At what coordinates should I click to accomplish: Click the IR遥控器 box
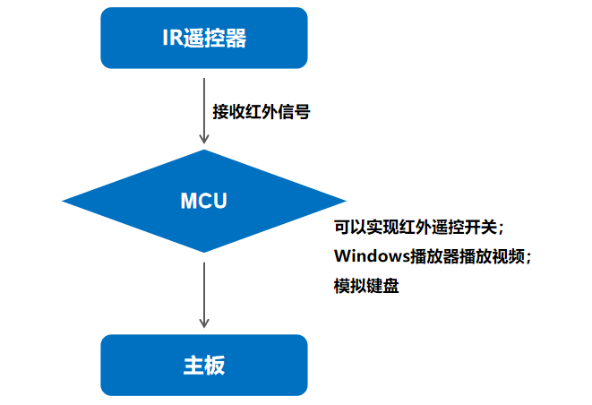tap(204, 38)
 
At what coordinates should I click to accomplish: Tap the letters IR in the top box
tap(173, 38)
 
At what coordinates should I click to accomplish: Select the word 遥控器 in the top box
tap(215, 39)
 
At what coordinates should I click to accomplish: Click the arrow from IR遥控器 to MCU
tap(204, 111)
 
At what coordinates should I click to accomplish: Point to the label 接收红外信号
tap(262, 112)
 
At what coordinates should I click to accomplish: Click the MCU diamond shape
tap(204, 201)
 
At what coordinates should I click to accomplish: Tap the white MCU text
tap(204, 201)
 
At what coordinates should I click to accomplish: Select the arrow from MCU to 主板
tap(204, 295)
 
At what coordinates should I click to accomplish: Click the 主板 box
tap(204, 365)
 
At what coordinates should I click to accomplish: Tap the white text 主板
tap(204, 366)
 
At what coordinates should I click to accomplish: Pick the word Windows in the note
tap(372, 256)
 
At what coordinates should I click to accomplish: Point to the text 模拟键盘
tap(366, 286)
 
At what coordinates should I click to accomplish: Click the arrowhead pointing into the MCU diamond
tap(204, 139)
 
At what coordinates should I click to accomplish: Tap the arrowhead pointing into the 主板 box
tap(204, 323)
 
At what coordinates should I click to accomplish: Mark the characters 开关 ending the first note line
tap(481, 228)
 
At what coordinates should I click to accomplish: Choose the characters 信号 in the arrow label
tap(294, 112)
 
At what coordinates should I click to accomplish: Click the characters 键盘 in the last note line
tap(382, 286)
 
